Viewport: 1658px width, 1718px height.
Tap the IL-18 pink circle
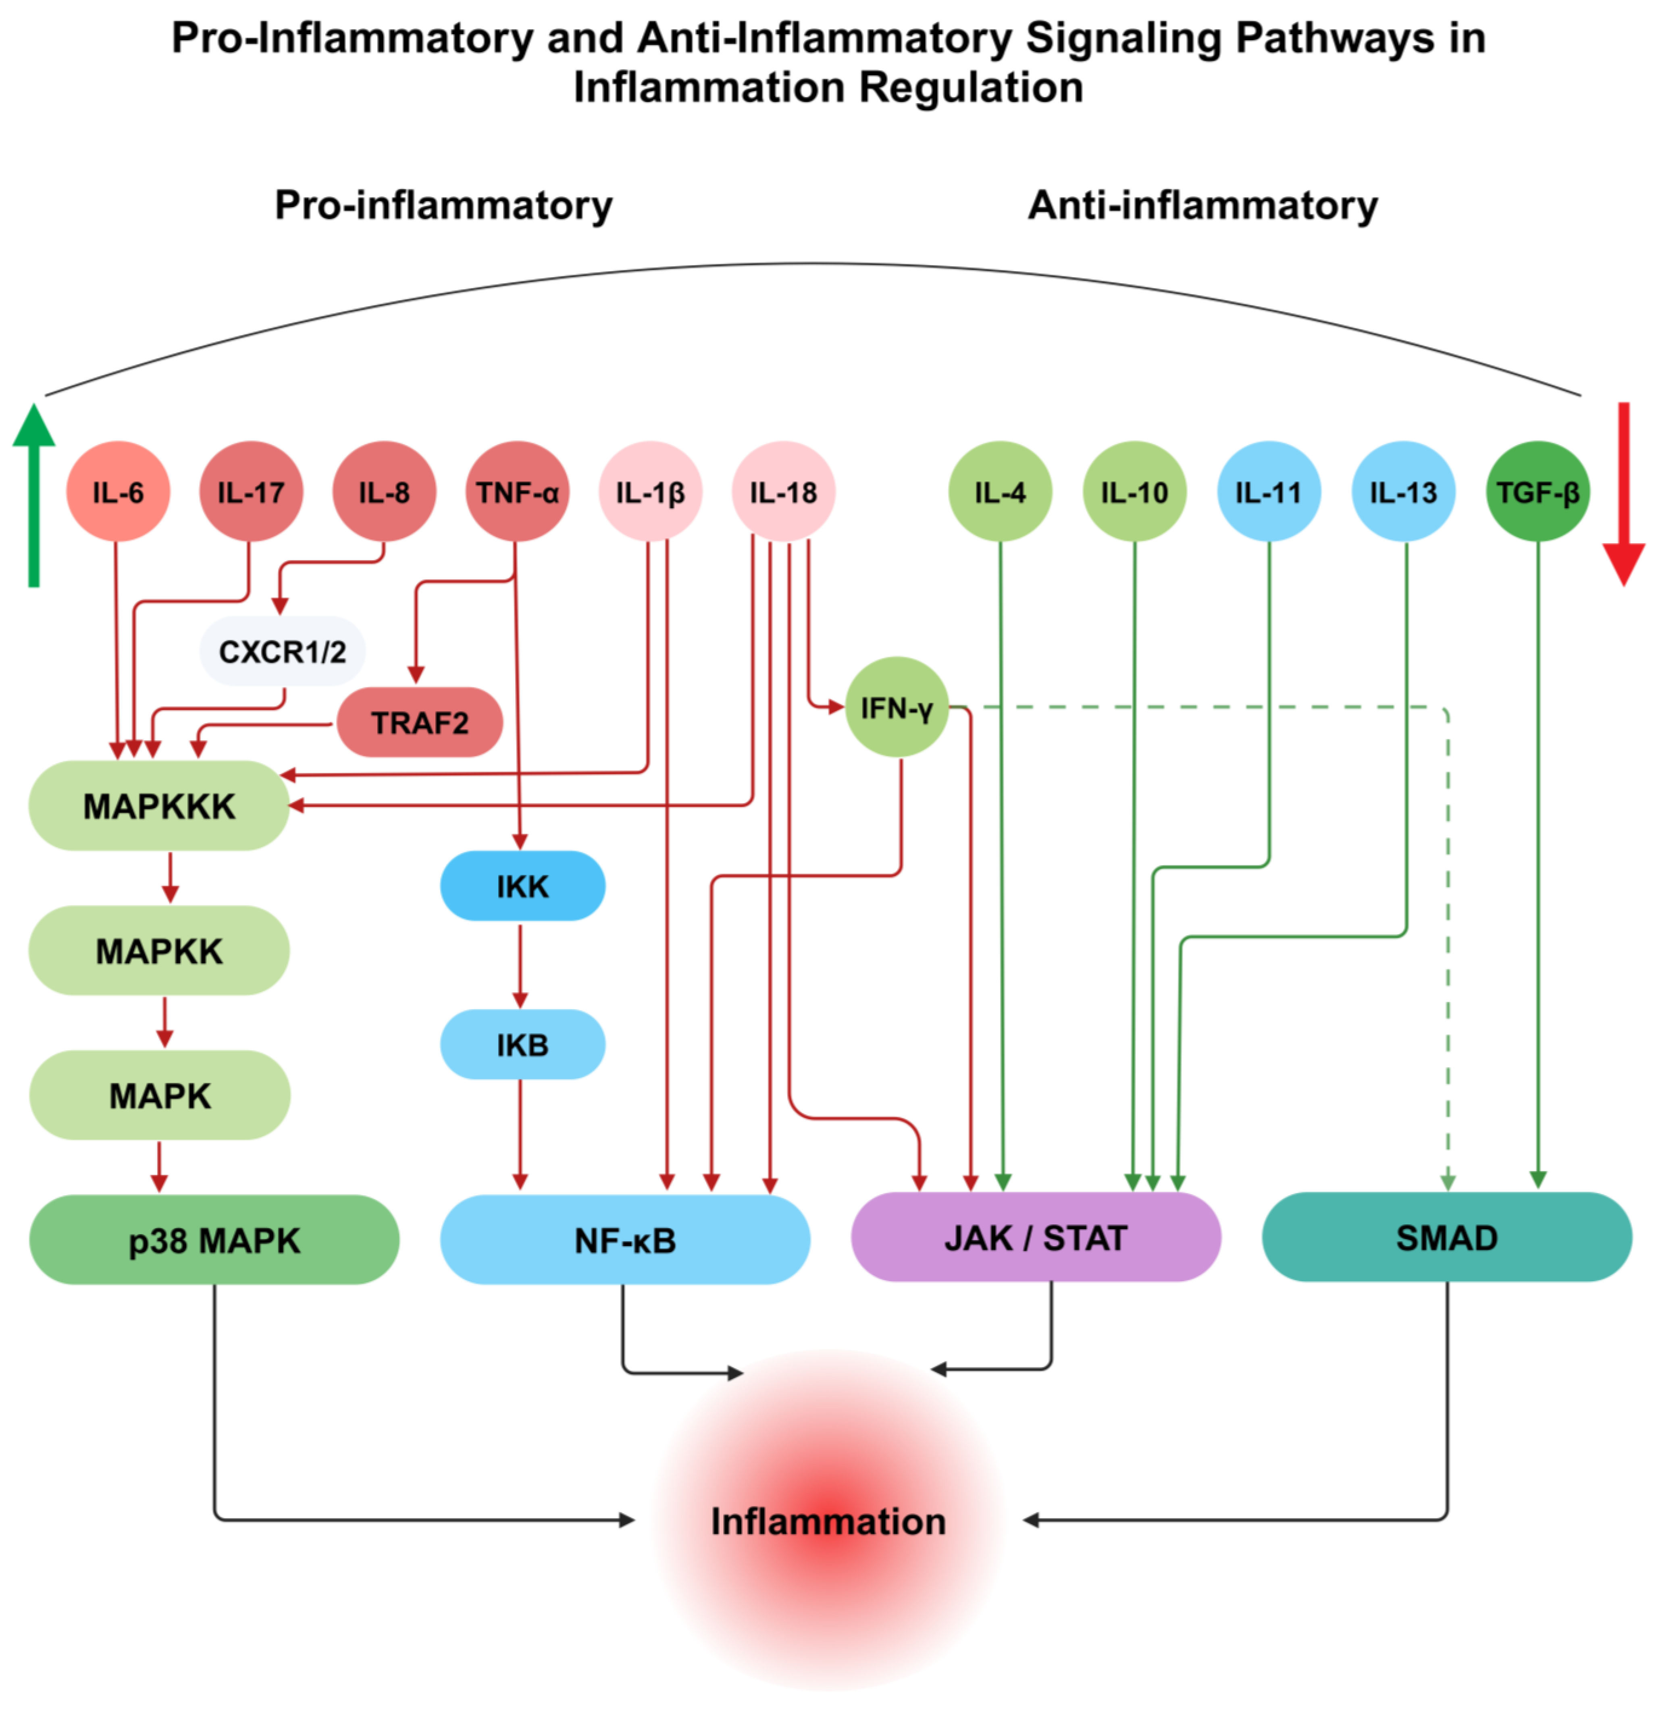(x=783, y=493)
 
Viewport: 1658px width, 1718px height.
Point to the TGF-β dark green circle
(x=1537, y=493)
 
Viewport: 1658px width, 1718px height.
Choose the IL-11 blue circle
(x=1268, y=493)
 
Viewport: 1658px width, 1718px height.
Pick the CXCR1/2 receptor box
(x=281, y=651)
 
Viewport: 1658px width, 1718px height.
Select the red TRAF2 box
(x=419, y=723)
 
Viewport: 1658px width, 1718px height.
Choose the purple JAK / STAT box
(x=1036, y=1238)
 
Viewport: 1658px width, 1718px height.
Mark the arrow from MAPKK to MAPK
(x=164, y=1022)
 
